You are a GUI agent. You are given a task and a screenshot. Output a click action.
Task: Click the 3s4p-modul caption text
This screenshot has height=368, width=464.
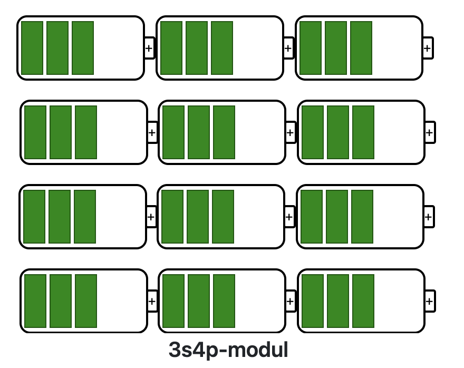coord(228,350)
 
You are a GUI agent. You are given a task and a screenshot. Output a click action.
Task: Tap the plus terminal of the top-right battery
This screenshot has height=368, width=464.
coord(428,49)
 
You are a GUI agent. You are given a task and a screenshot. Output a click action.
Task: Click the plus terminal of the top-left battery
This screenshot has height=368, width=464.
coord(149,49)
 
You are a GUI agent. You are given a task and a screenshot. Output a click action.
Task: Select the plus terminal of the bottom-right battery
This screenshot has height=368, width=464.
coord(429,302)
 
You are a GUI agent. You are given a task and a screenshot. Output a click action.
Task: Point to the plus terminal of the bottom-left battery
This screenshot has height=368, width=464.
coord(152,302)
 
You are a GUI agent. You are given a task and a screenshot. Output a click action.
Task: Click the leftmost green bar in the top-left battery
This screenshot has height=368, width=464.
coord(32,48)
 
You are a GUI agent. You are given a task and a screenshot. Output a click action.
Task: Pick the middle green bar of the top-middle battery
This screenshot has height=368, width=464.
coord(197,48)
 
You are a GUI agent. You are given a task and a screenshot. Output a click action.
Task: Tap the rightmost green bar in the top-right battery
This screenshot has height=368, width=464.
coord(361,48)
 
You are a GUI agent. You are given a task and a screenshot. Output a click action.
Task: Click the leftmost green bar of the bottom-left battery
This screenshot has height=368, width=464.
coord(35,301)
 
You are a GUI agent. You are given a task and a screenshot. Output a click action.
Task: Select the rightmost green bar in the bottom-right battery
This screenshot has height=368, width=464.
coord(363,301)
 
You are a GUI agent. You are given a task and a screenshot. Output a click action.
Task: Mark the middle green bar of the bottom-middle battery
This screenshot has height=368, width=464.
coord(199,301)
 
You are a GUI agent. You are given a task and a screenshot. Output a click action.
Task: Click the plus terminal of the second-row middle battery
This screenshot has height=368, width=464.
coord(290,133)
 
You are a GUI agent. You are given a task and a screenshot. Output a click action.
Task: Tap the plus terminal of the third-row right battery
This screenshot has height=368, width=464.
coord(429,217)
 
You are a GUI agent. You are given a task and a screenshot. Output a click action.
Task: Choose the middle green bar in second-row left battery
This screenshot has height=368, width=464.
coord(61,132)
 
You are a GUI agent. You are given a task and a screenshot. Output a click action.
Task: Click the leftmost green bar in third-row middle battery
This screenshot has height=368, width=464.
coord(172,217)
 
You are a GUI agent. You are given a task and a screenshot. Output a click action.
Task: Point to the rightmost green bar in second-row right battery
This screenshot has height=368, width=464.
coord(363,132)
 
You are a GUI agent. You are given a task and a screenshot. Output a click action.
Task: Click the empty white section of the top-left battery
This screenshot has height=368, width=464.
coord(118,48)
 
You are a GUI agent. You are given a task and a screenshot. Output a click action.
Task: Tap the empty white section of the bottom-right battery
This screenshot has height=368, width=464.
coord(399,301)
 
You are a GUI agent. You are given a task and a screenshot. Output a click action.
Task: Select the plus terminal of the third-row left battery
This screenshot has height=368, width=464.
coord(151,217)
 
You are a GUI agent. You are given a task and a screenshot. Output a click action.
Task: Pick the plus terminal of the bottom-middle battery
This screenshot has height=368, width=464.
coord(290,302)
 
